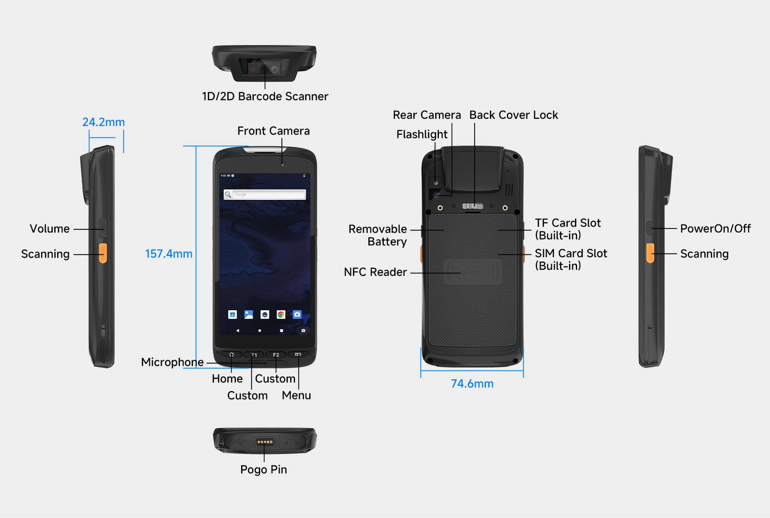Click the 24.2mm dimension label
pyautogui.click(x=104, y=122)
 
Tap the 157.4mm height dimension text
pyautogui.click(x=169, y=254)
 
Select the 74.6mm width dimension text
pyautogui.click(x=472, y=384)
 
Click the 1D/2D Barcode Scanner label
pyautogui.click(x=265, y=96)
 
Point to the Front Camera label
pyautogui.click(x=273, y=131)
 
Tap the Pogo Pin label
pyautogui.click(x=264, y=470)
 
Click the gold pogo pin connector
pyautogui.click(x=264, y=442)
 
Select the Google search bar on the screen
pyautogui.click(x=265, y=195)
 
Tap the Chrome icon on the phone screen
pyautogui.click(x=281, y=315)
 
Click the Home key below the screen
pyautogui.click(x=232, y=354)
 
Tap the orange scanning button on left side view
pyautogui.click(x=103, y=253)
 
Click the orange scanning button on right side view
pyautogui.click(x=650, y=253)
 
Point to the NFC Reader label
pyautogui.click(x=375, y=272)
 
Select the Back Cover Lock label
pyautogui.click(x=514, y=115)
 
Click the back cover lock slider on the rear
pyautogui.click(x=473, y=206)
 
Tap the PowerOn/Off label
pyautogui.click(x=716, y=228)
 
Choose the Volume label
pyautogui.click(x=50, y=229)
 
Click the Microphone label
pyautogui.click(x=173, y=362)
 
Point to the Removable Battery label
pyautogui.click(x=378, y=235)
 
